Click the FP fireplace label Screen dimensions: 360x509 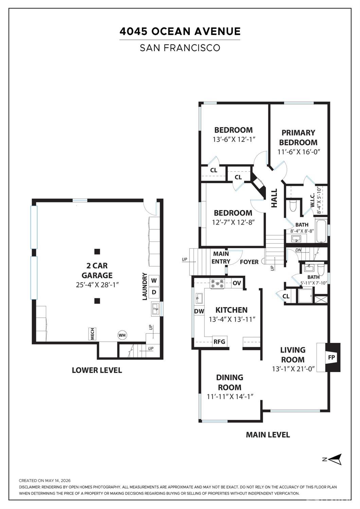pos(331,357)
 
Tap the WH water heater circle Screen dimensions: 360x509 pos(122,335)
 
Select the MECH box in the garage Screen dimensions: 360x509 pos(92,334)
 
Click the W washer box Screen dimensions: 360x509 pos(154,281)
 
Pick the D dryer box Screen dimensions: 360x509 pos(154,292)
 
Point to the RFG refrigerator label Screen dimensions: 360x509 pos(219,341)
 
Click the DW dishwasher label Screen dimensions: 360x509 pos(199,312)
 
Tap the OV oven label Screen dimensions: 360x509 pos(237,283)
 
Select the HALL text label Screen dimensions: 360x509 pos(274,198)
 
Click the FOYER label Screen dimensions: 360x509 pos(249,262)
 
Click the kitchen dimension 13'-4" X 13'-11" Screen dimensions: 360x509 pos(232,319)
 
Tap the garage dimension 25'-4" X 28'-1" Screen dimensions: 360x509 pos(97,285)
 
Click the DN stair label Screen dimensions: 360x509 pos(298,250)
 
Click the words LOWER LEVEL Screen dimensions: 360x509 pos(97,370)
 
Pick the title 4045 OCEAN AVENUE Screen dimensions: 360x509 pos(180,31)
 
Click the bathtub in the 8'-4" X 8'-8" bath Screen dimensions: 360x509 pos(321,230)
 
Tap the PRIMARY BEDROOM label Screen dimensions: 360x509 pos(298,138)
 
